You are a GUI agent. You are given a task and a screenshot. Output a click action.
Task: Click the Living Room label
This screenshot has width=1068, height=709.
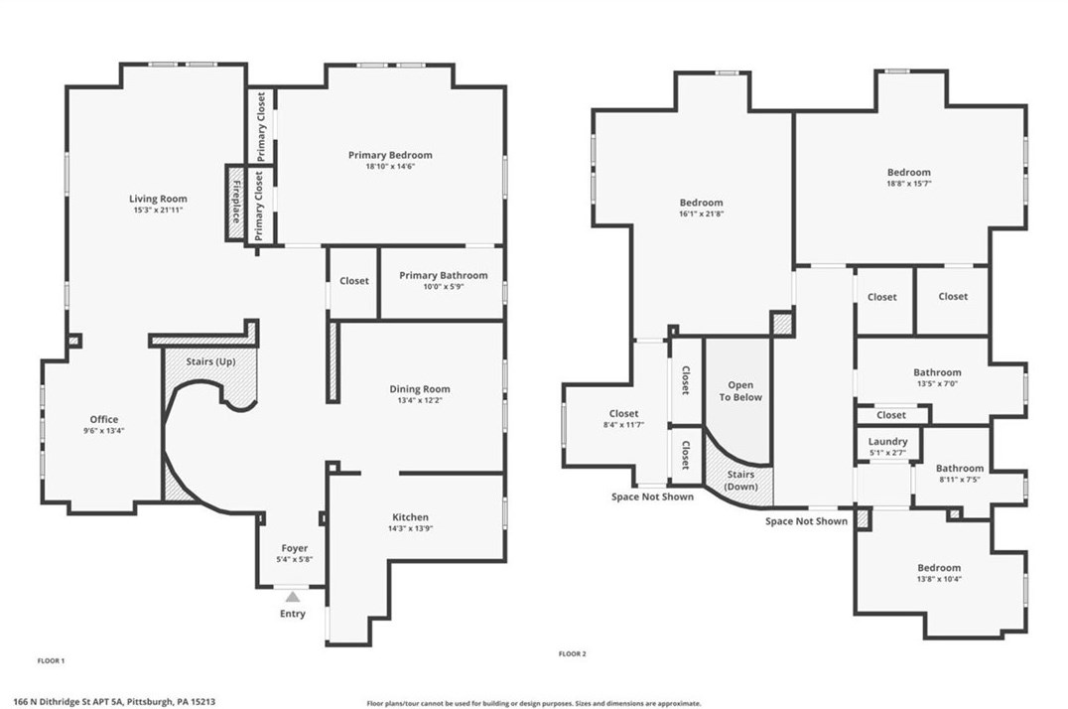tap(158, 199)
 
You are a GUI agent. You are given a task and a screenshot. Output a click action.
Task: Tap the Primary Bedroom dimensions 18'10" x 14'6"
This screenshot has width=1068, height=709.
tap(390, 167)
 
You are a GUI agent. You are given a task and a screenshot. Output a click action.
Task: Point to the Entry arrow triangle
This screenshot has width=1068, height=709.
tap(292, 597)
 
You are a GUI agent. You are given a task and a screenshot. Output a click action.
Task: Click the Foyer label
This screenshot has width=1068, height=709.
tap(294, 548)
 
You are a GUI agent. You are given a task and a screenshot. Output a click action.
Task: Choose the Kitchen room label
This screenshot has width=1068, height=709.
tap(410, 517)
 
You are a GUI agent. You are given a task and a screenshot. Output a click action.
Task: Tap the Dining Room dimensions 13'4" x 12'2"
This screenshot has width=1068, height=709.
tap(419, 401)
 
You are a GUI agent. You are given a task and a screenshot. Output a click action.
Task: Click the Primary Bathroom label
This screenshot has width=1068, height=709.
tap(443, 275)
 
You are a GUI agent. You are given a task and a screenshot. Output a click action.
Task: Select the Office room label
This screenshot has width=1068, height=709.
tap(104, 419)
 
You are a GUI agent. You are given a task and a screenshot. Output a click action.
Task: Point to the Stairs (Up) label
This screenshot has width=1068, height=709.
tap(210, 361)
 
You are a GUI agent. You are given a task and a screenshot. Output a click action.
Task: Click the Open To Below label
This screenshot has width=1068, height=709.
tap(740, 390)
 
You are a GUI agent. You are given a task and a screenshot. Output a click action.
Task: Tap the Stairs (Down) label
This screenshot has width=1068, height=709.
tap(740, 481)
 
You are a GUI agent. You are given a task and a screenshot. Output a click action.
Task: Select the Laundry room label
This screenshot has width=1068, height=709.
tap(887, 442)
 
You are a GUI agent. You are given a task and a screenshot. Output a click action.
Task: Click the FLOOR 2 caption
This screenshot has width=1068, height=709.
tap(573, 654)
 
